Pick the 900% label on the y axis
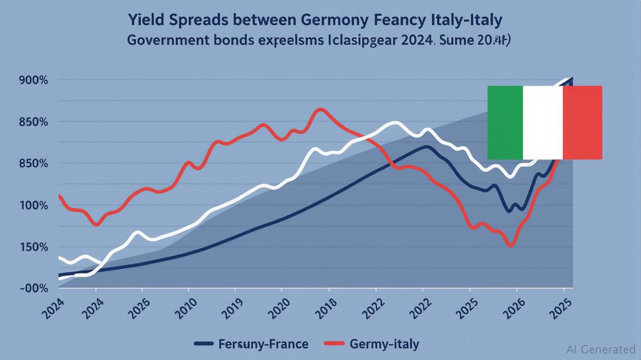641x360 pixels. [x=34, y=80]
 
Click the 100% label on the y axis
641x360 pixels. [x=34, y=205]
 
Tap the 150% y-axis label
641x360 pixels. [x=34, y=247]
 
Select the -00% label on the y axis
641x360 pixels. [x=34, y=288]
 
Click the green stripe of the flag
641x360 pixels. [x=505, y=122]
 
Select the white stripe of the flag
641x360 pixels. [x=542, y=122]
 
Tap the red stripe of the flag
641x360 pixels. [x=582, y=122]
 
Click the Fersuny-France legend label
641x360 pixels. [x=263, y=345]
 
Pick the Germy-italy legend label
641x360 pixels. [x=384, y=345]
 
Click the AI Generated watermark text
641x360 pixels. [x=600, y=349]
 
